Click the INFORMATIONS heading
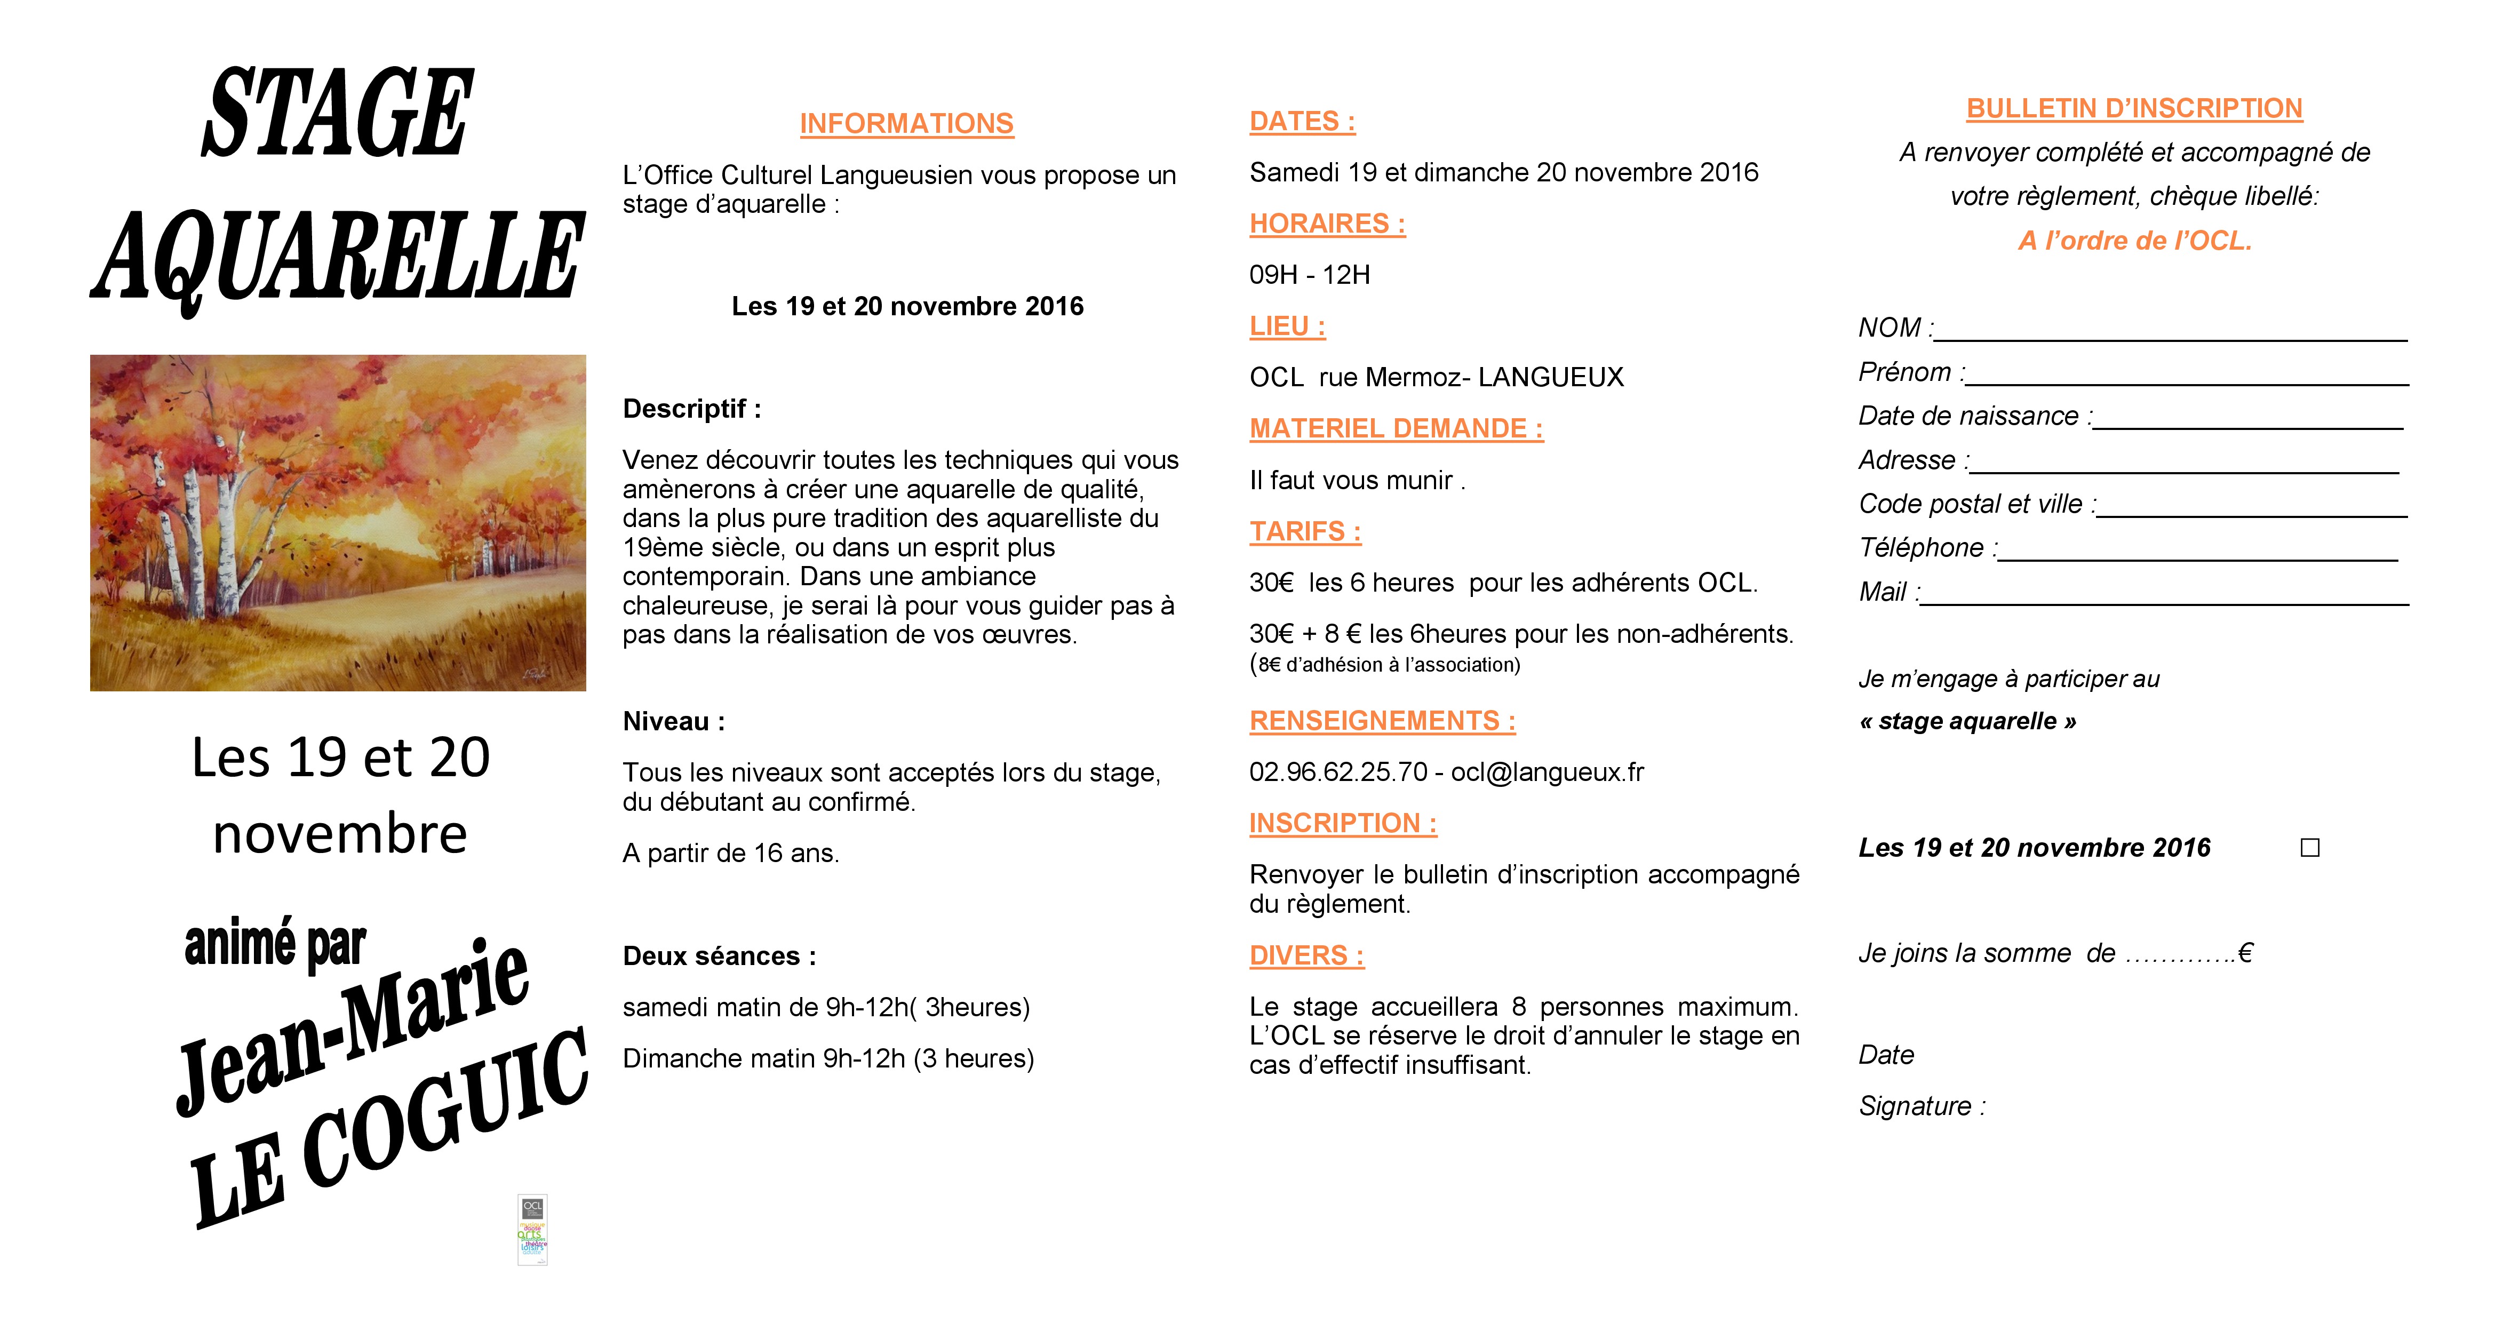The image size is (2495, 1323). click(906, 124)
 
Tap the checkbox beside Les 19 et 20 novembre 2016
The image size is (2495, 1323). click(2310, 848)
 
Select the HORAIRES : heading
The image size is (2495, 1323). click(1327, 224)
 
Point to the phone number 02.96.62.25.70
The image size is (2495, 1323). click(1337, 772)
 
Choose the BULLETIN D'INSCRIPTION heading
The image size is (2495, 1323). click(2134, 108)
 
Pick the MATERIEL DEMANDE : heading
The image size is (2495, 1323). click(1396, 429)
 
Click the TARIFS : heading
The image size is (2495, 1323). click(1305, 532)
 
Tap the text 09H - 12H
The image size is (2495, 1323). click(1310, 275)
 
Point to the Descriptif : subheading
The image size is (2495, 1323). click(691, 409)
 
